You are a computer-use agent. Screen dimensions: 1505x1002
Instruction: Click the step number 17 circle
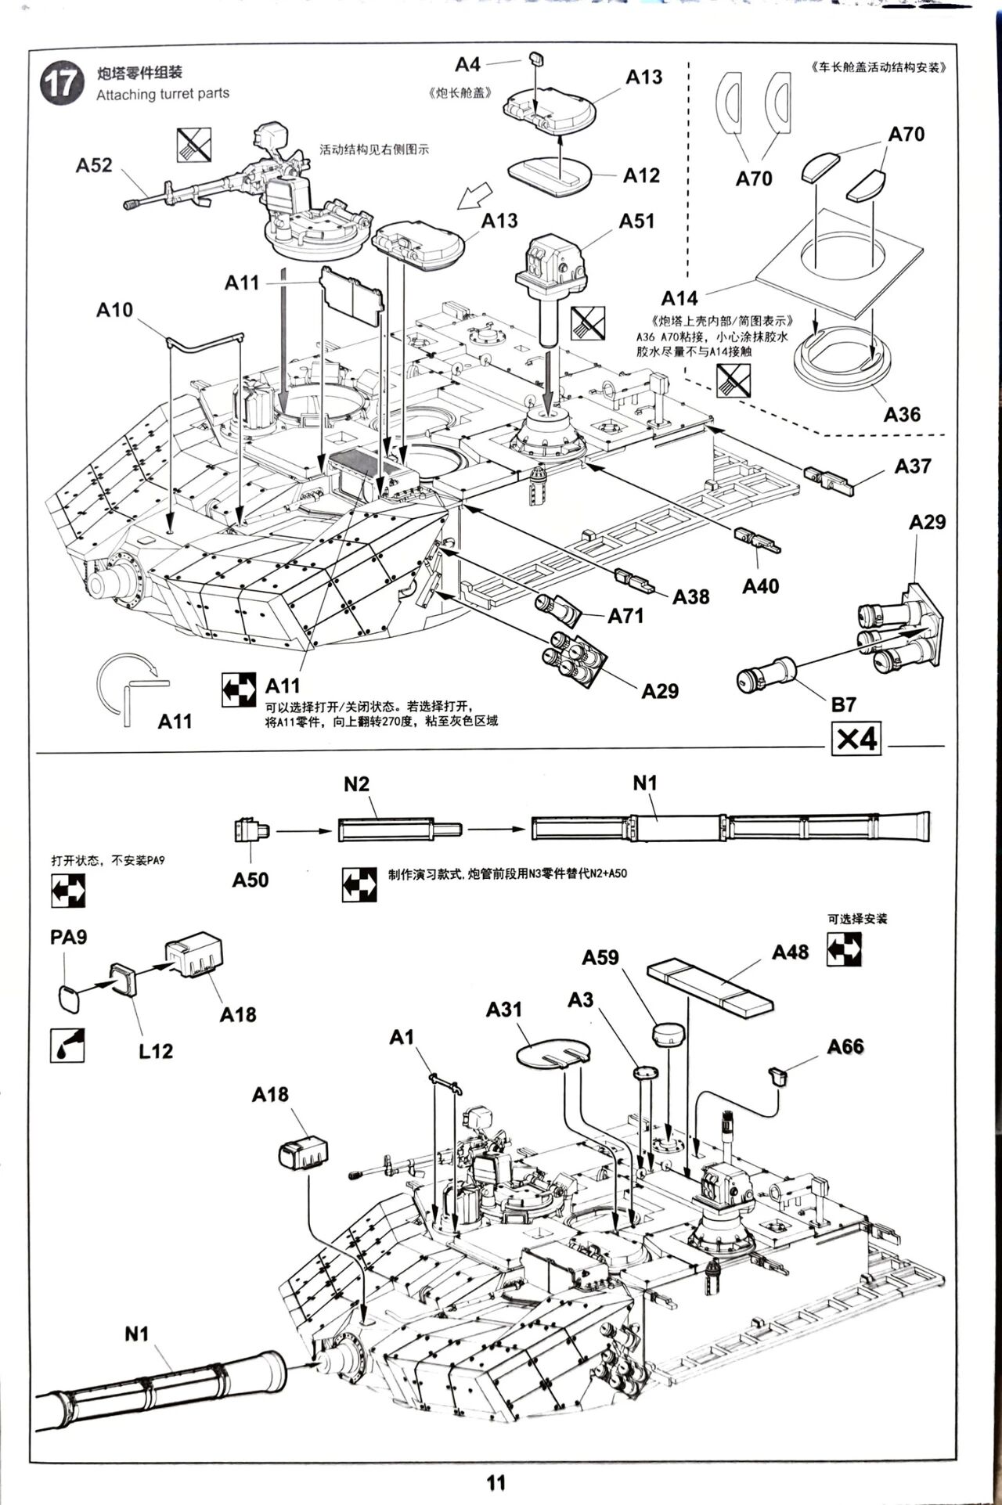pos(61,84)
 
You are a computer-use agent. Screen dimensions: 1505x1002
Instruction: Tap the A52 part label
pos(94,165)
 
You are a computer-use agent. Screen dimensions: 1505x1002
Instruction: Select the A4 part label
pos(467,63)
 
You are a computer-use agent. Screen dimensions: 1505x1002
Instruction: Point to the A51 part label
pos(636,221)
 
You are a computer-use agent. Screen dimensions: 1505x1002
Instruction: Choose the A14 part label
pos(679,298)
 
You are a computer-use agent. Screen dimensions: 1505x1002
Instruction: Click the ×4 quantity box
pos(856,738)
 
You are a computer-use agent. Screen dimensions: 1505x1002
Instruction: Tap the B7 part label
pos(843,704)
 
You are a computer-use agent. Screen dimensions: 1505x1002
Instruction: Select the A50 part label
pos(250,880)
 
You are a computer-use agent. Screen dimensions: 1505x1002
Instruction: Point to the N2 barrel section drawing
pos(399,830)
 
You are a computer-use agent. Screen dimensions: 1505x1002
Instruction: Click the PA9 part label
pos(68,937)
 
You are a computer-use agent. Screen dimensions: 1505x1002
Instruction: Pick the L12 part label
pos(155,1051)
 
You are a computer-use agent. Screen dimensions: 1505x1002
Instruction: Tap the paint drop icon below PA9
pos(67,1045)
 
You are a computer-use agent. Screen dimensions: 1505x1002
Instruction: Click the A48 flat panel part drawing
pos(709,987)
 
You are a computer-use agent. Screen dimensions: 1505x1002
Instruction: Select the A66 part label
pos(845,1046)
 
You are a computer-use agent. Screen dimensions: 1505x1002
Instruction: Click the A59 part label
pos(600,957)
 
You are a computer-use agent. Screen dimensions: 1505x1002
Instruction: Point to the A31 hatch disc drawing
pos(553,1052)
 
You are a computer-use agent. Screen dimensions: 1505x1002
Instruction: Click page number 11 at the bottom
pos(496,1482)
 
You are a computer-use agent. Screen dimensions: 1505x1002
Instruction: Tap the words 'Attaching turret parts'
pos(163,94)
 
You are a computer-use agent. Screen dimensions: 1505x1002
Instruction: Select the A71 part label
pos(625,616)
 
